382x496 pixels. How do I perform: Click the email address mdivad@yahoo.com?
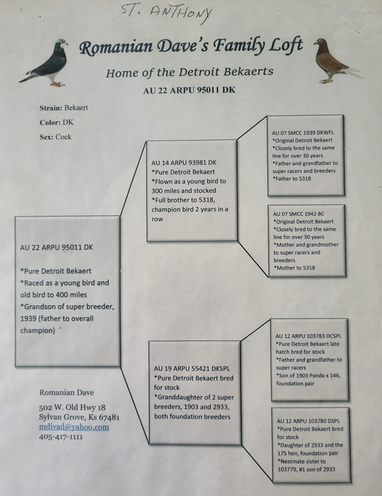coord(74,427)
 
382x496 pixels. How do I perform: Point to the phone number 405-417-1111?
coord(61,437)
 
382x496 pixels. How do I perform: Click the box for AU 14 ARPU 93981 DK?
coord(192,191)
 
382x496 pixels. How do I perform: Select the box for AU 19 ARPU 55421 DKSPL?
coord(195,393)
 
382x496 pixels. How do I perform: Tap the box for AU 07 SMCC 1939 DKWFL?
coord(306,156)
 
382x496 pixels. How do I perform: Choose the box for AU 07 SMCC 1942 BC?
coord(307,241)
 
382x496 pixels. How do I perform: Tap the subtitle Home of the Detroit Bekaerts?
coord(190,72)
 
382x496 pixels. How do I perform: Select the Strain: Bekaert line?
coord(64,108)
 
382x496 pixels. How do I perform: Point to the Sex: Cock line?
coord(56,137)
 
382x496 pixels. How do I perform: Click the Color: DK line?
coord(57,123)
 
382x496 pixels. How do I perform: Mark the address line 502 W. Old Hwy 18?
coord(72,407)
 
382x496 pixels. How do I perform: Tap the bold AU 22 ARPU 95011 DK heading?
coord(189,90)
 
